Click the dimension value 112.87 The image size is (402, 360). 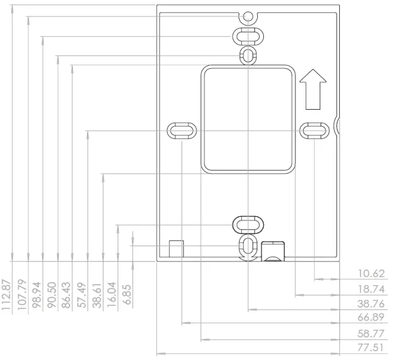(x=7, y=294)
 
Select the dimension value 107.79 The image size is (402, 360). (x=22, y=294)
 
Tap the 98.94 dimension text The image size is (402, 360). (x=37, y=294)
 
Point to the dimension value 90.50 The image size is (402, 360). (x=52, y=294)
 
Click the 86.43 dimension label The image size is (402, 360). (x=67, y=294)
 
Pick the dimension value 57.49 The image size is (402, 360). (x=82, y=294)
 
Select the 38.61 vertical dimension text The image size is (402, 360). (x=97, y=294)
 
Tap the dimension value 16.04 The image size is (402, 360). (x=112, y=294)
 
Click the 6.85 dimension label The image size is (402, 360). (x=127, y=294)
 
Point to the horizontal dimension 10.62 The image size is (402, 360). (x=371, y=274)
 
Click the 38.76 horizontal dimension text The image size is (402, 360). (x=371, y=303)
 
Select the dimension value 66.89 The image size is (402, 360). (x=371, y=317)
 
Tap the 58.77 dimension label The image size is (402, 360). (x=371, y=333)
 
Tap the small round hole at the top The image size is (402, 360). (x=249, y=16)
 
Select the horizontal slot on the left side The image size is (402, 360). (x=181, y=131)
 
